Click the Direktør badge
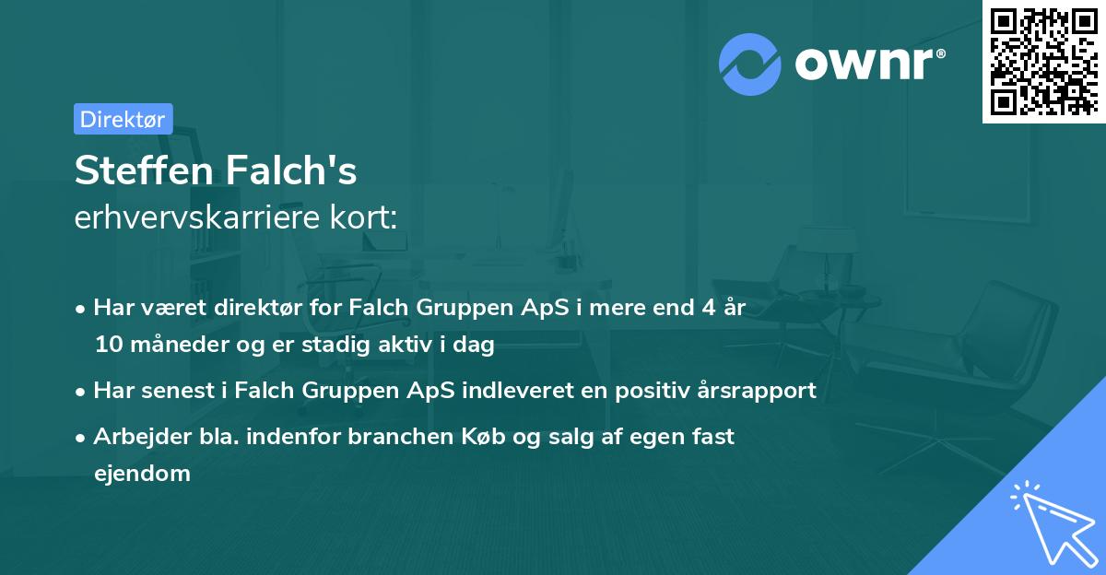(x=123, y=119)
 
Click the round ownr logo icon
(x=750, y=64)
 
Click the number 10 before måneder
(x=106, y=346)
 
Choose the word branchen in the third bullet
(x=392, y=437)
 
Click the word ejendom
(x=142, y=474)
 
